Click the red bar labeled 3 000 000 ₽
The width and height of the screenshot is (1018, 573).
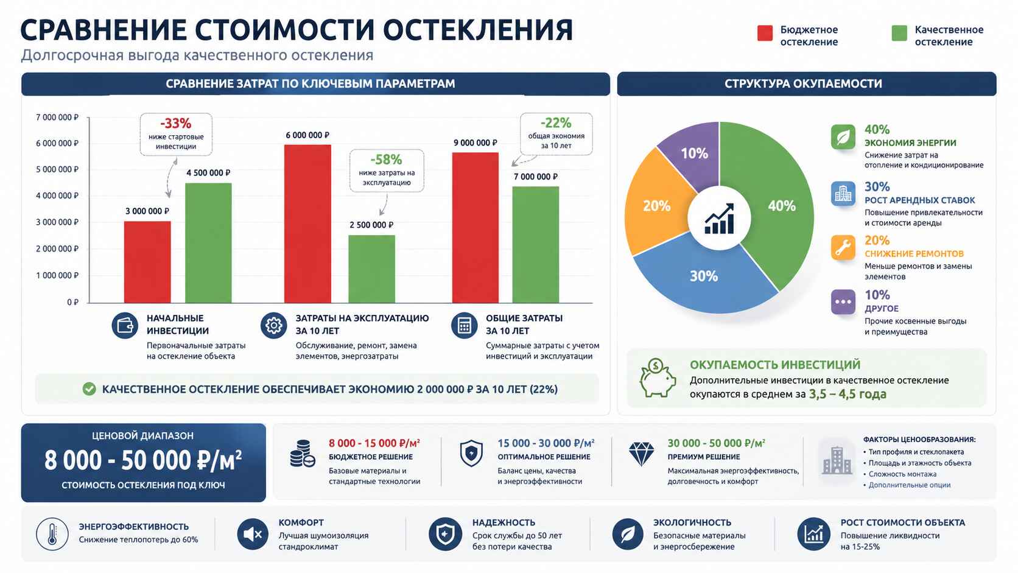(x=147, y=262)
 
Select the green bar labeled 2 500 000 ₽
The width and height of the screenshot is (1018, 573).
(x=371, y=269)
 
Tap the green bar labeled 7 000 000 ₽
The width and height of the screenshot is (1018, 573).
(x=535, y=244)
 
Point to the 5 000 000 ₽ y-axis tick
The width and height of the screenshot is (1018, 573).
(x=57, y=169)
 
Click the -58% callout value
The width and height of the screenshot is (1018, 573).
(x=387, y=160)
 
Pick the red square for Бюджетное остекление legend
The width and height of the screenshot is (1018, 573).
(x=765, y=33)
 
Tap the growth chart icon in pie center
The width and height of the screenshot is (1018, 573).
(x=719, y=219)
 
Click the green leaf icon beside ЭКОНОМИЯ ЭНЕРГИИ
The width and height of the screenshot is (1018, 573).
(x=843, y=137)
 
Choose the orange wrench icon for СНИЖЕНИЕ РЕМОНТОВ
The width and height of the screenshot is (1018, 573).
(x=843, y=248)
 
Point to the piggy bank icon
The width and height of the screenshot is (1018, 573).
(x=657, y=378)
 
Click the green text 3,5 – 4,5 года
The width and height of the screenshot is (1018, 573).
(x=848, y=394)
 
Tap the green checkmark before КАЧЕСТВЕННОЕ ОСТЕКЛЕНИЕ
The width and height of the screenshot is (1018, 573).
(x=89, y=389)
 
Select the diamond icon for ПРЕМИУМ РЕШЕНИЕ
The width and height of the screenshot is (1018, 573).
(x=641, y=454)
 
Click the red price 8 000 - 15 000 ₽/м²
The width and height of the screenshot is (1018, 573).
(x=374, y=443)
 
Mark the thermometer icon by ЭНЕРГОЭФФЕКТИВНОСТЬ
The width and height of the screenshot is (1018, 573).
(x=52, y=534)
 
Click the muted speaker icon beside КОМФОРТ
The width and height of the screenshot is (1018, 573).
(x=252, y=534)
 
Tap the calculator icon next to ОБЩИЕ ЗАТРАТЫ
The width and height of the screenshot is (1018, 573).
(x=464, y=326)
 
